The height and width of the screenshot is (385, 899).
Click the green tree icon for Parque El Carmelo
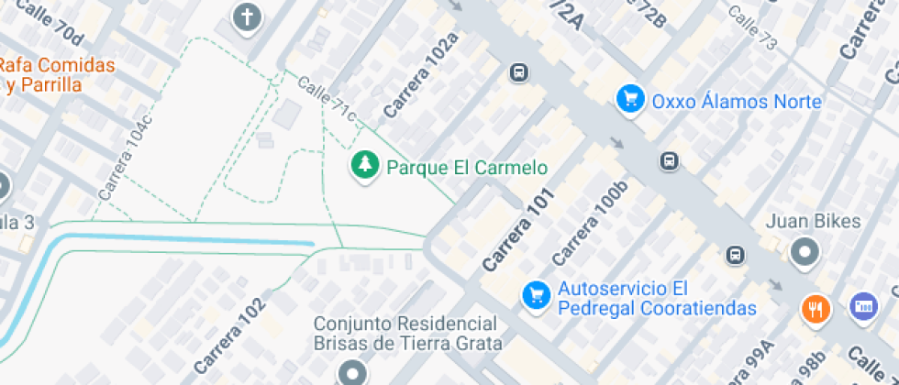[366, 165]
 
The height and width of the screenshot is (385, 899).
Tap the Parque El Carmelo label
[467, 168]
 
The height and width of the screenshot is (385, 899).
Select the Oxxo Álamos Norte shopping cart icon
[629, 99]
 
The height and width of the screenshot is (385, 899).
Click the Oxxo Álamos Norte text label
[737, 101]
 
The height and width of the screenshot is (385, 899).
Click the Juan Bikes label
[813, 221]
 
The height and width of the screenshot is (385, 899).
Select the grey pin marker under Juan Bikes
[805, 250]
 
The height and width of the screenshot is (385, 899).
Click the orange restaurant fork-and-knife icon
[815, 308]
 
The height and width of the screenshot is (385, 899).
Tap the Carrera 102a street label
[421, 75]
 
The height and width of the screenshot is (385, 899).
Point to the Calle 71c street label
[327, 98]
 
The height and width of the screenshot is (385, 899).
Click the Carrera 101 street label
[519, 230]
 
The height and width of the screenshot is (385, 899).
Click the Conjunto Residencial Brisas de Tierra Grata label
[408, 334]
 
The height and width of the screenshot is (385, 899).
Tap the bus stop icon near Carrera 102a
[519, 71]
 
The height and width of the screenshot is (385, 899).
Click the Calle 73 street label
[752, 28]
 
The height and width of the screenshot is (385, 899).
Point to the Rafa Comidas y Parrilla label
[57, 75]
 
